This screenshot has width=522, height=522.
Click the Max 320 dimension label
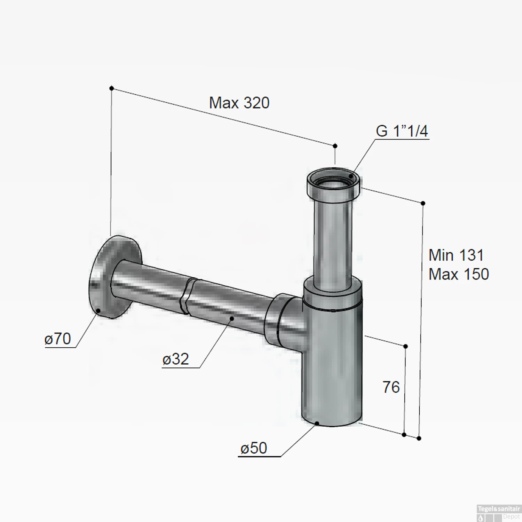(x=239, y=103)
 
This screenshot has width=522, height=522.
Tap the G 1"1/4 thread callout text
(x=402, y=131)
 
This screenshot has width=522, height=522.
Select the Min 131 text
(x=456, y=255)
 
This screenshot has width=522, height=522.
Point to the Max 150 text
(x=459, y=274)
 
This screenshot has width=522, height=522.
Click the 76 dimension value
(x=391, y=387)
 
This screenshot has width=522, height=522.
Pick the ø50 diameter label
(x=254, y=448)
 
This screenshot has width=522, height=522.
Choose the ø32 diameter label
(x=176, y=359)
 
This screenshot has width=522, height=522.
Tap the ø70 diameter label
(x=58, y=339)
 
